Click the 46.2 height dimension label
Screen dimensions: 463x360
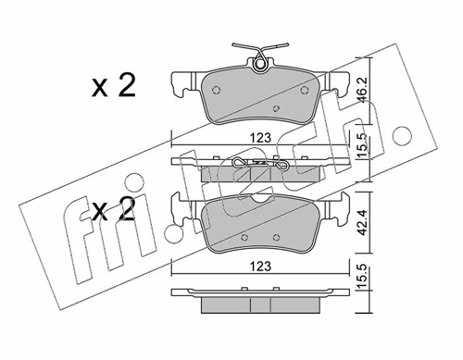(x=364, y=90)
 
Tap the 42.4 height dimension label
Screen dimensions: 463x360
(x=364, y=222)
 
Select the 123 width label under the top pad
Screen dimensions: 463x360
(x=260, y=138)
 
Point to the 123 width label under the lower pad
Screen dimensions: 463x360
(x=260, y=266)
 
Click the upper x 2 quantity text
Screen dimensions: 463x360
(x=114, y=87)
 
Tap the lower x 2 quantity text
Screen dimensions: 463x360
(x=114, y=209)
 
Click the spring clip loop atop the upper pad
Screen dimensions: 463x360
(x=260, y=64)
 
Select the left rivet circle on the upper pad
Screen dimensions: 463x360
(x=217, y=90)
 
